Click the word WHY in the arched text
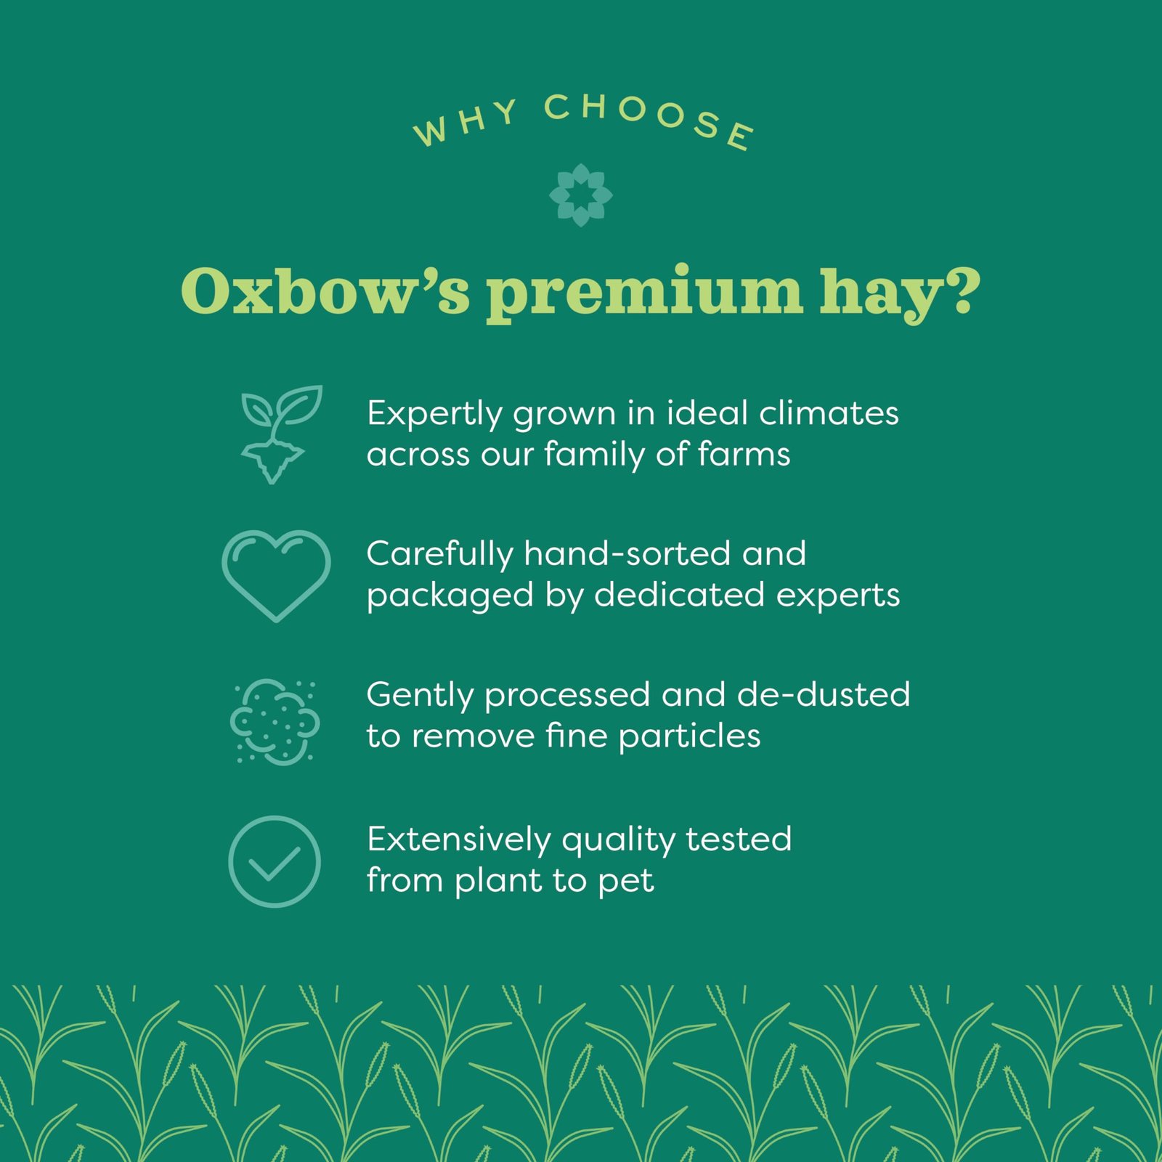coord(466,123)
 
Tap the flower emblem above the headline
coord(581,195)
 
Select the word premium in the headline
coord(645,294)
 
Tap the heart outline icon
coord(276,576)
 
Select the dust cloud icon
coord(275,721)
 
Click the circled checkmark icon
coord(275,861)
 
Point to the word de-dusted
coord(824,694)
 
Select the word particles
coord(689,737)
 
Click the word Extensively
coord(459,840)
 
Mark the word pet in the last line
coord(626,882)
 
